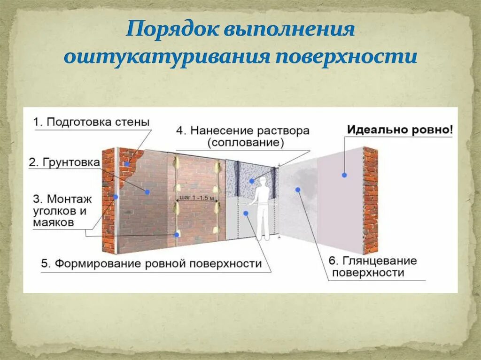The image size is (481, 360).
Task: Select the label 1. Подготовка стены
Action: coord(92,122)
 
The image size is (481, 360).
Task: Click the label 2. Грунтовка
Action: coord(64,162)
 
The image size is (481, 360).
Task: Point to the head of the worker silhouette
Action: coord(262,188)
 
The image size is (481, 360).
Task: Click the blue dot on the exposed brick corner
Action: coord(127,164)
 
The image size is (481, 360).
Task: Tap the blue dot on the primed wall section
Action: coord(147,192)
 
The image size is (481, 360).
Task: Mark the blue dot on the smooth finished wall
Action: coord(344,175)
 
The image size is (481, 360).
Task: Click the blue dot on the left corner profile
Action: coord(115,197)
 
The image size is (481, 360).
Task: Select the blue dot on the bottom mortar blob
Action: coord(177,235)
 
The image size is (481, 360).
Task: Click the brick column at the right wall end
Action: coord(370,199)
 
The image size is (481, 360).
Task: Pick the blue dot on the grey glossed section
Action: coord(297,190)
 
